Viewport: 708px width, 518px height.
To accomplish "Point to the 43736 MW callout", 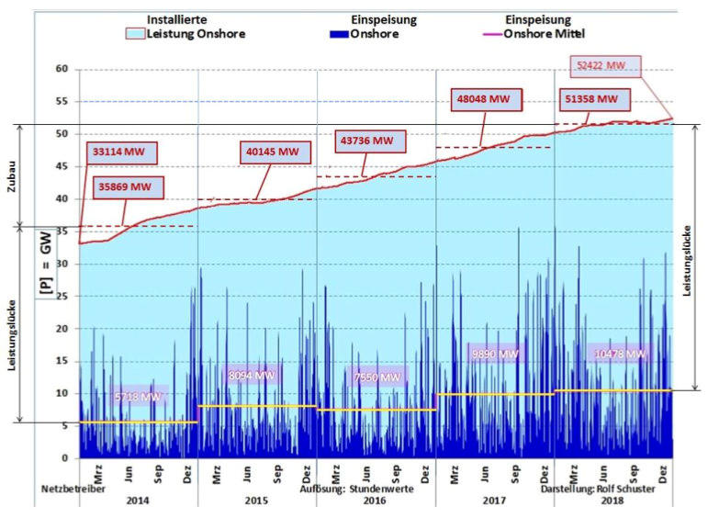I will click(x=367, y=141).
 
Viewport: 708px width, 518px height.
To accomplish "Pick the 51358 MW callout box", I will click(x=594, y=99).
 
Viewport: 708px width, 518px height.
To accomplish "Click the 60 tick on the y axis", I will click(x=62, y=69).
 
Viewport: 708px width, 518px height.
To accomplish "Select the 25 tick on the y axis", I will click(x=62, y=296).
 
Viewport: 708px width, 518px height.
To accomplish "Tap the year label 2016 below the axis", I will click(x=375, y=501).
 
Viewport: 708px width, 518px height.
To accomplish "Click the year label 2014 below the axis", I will click(x=137, y=501).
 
